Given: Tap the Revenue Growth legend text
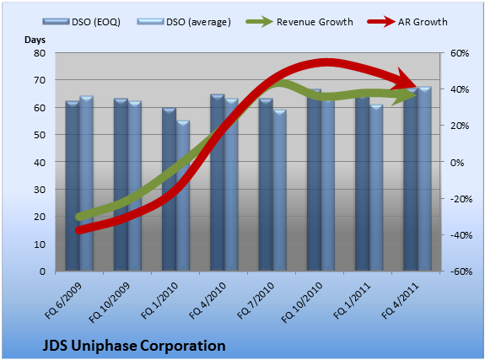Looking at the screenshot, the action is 315,22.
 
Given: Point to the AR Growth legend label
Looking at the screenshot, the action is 423,22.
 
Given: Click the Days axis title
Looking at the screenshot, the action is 35,40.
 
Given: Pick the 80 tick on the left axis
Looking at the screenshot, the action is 40,53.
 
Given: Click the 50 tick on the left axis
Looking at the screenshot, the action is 40,135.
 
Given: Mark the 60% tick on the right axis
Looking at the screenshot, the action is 460,53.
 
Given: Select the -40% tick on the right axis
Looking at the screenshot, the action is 461,235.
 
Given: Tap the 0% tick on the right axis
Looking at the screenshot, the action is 457,163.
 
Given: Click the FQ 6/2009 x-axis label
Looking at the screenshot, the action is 63,300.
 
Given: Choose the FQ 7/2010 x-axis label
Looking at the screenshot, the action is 256,300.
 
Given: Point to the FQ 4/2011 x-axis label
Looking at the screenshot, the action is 401,300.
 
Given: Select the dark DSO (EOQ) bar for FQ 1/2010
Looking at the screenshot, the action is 169,190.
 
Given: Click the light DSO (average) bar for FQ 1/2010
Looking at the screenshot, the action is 183,196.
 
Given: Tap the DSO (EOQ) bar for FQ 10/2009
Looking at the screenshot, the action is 121,185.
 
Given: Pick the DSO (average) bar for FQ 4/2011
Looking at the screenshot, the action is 424,179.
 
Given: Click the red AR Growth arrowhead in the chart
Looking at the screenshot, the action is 407,79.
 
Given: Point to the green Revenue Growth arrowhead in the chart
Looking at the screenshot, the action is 404,95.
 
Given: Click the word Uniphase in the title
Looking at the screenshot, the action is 104,346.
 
